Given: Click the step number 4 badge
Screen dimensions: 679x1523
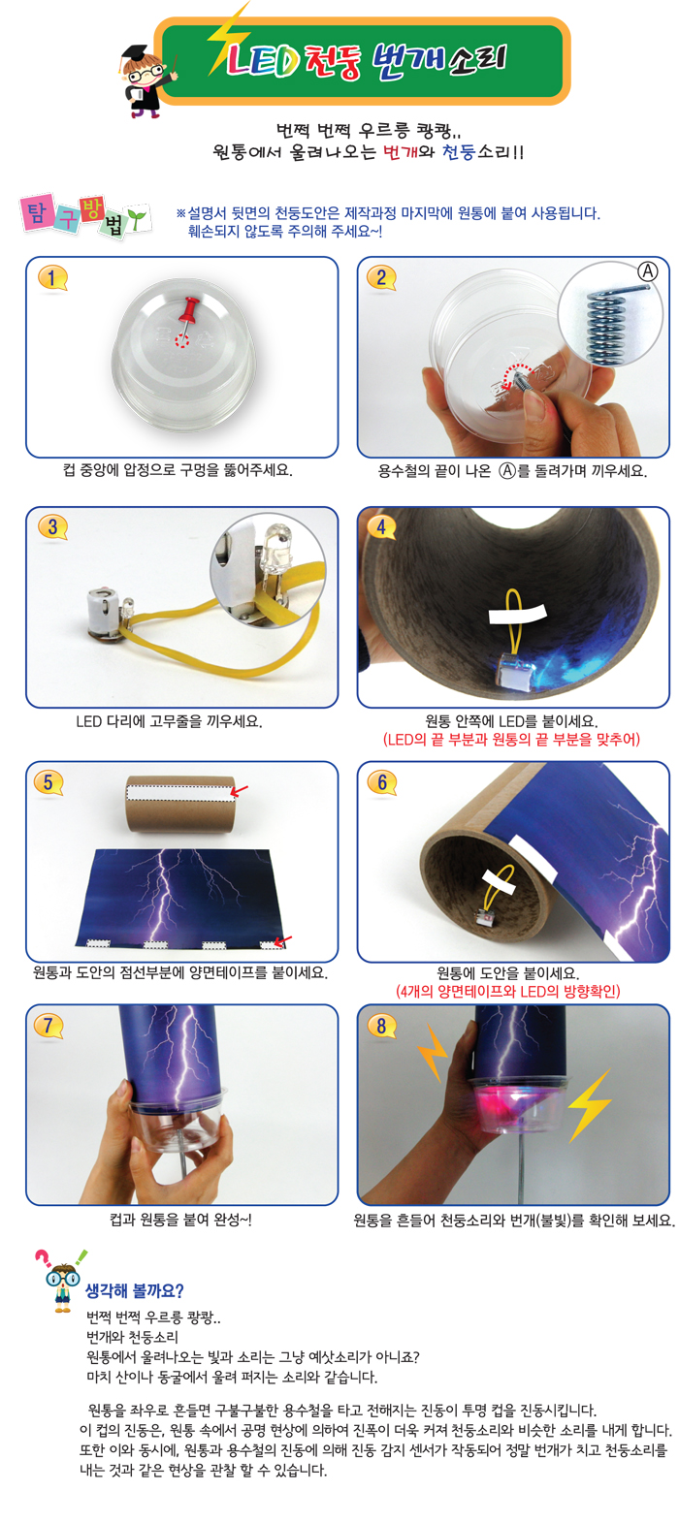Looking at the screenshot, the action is [381, 527].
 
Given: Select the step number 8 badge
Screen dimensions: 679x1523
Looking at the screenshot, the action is [381, 1026].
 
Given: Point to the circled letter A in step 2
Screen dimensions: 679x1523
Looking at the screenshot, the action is [647, 271].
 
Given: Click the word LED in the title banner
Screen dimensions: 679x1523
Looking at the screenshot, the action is [262, 61].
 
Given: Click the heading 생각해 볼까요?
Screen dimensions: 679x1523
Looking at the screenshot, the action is [135, 1290].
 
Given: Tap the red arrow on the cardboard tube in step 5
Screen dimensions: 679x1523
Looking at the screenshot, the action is [239, 790].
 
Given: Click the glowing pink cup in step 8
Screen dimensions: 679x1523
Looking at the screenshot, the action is [516, 1105].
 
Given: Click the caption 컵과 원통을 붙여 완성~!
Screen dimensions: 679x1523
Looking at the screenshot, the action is [181, 1220].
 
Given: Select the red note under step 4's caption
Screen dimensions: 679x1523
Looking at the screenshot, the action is [511, 739].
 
